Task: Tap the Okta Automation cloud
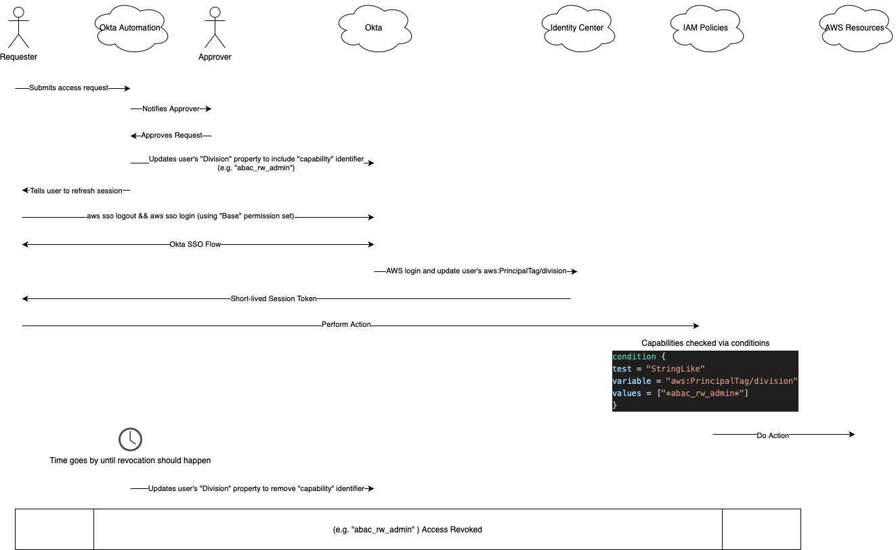(x=130, y=28)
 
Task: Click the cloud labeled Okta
(x=373, y=28)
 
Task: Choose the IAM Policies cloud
(x=705, y=28)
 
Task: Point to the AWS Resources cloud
(x=854, y=28)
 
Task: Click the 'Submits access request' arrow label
(x=68, y=88)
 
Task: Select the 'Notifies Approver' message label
(x=171, y=109)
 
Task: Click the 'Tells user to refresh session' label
(x=76, y=191)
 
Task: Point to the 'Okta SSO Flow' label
(x=195, y=244)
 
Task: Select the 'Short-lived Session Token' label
(x=274, y=298)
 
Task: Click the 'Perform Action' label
(x=346, y=325)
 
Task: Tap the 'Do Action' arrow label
(x=773, y=435)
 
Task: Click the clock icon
(x=130, y=439)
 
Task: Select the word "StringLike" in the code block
(x=675, y=369)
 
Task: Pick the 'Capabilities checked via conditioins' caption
(x=705, y=343)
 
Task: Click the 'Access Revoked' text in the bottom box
(x=452, y=530)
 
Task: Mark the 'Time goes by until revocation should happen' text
(x=130, y=460)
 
